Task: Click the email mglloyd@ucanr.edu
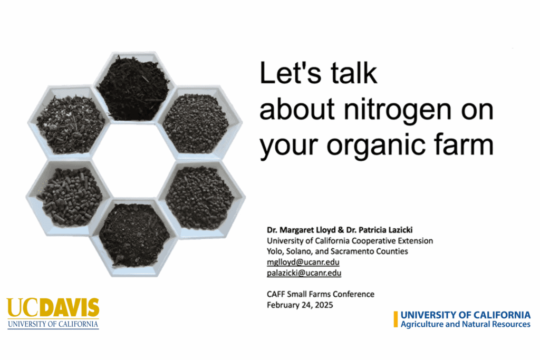coord(303,262)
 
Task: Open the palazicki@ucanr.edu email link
coord(304,273)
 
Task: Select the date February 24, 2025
coord(300,305)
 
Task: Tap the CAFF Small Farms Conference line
coord(321,294)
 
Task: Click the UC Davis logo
coord(53,313)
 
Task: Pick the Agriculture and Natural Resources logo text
coord(465,324)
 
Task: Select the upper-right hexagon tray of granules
coord(198,123)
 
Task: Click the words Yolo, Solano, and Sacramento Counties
coord(337,251)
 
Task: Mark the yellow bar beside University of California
coord(396,319)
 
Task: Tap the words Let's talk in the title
coord(318,73)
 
